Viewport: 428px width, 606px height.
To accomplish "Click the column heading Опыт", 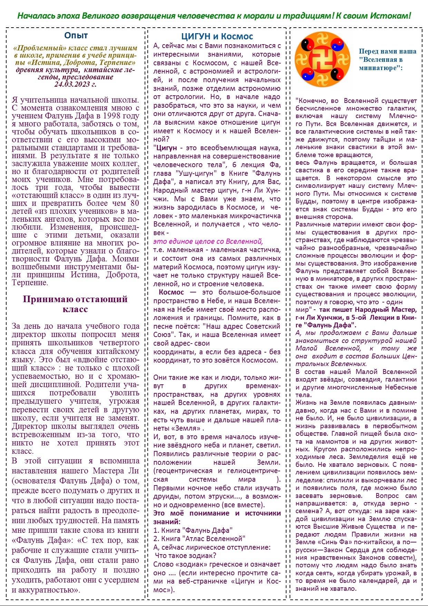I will (x=76, y=36).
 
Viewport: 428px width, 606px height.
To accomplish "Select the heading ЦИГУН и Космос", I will (x=217, y=37).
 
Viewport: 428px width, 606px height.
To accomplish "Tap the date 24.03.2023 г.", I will (x=75, y=84).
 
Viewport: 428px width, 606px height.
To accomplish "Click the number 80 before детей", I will (x=135, y=203).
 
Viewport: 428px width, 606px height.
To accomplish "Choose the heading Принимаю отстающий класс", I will (x=75, y=304).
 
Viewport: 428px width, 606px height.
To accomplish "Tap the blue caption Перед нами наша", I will (x=387, y=51).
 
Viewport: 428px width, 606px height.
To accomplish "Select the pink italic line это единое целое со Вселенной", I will (x=208, y=241).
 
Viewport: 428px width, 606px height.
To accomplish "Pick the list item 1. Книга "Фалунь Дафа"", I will (x=193, y=530).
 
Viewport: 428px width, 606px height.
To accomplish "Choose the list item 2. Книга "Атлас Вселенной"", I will (x=199, y=538).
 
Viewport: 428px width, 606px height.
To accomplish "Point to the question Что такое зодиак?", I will (x=186, y=556).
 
